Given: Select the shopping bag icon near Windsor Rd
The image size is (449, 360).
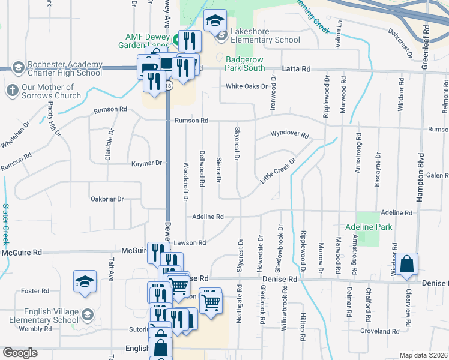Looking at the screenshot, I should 406,264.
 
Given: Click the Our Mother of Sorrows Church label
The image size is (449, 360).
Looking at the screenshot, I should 51,91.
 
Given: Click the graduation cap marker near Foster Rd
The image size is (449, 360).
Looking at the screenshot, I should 85,281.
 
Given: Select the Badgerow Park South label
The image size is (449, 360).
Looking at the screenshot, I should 245,64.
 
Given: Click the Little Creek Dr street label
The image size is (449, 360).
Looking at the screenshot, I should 279,172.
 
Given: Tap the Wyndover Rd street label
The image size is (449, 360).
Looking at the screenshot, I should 289,136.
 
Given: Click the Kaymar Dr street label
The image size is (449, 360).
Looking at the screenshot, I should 147,163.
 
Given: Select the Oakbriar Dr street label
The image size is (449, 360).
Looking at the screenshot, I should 107,199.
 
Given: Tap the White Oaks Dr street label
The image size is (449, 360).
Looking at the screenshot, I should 247,86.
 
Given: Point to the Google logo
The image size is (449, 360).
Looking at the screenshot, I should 20,352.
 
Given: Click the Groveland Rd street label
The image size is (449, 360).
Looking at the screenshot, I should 380,331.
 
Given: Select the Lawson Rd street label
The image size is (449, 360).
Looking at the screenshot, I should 190,242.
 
